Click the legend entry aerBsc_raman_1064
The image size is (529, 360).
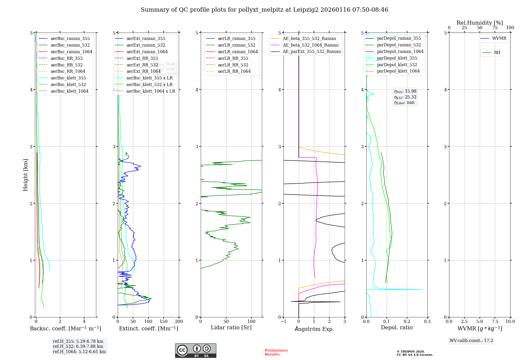71,52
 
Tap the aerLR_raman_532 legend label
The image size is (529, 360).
236,45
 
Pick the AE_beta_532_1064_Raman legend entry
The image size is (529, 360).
311,45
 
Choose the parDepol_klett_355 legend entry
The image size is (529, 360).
397,58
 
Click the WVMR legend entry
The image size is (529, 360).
499,38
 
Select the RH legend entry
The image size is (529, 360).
497,53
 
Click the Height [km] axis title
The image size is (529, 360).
25,175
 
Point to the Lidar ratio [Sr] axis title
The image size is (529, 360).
231,327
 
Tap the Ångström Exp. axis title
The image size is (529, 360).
314,329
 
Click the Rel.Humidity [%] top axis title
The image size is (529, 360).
480,23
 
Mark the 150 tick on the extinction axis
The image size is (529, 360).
163,321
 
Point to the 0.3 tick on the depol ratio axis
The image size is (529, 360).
427,321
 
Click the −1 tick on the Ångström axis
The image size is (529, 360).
283,321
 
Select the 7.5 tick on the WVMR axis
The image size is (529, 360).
495,321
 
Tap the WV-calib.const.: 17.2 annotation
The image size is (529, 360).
471,340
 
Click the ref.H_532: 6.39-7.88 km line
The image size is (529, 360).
78,346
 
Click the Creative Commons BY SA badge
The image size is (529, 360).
195,350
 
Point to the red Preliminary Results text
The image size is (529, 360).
276,352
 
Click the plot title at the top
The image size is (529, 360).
264,10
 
